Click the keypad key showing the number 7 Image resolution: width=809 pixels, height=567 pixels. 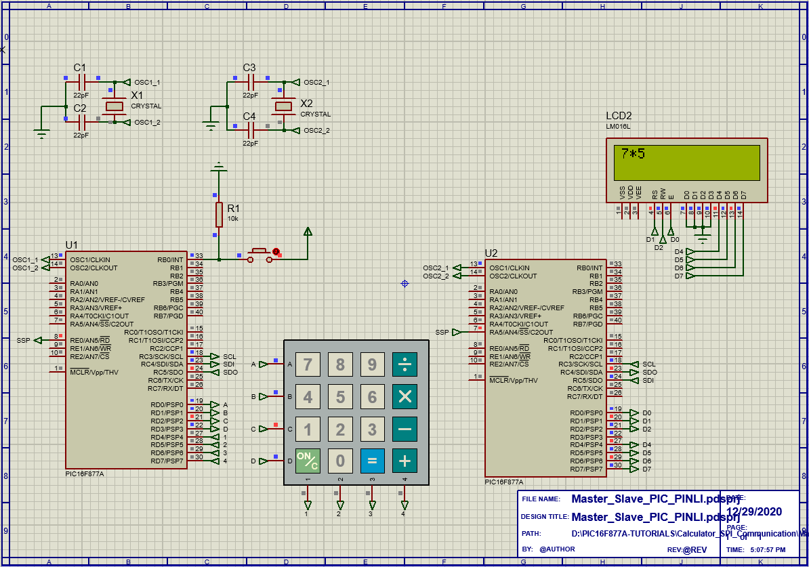tap(308, 365)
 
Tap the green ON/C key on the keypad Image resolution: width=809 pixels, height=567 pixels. tap(308, 461)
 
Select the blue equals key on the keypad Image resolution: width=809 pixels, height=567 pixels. tap(372, 461)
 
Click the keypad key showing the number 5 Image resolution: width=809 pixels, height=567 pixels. tap(340, 397)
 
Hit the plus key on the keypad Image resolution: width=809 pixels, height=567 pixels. tap(404, 461)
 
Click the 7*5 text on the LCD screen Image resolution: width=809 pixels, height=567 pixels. tap(633, 154)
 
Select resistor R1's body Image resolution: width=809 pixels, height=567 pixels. tap(219, 214)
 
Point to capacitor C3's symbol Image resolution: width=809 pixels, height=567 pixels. tap(250, 82)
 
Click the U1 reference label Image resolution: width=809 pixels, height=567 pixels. tap(72, 245)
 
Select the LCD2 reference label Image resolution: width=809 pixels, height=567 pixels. tap(619, 115)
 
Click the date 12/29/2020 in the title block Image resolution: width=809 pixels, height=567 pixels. tap(754, 511)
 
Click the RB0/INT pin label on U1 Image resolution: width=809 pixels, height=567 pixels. tap(170, 259)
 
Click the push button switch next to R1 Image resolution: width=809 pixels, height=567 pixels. tap(260, 255)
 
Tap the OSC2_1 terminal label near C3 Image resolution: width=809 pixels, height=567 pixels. tap(316, 82)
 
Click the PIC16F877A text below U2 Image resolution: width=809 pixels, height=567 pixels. tap(503, 482)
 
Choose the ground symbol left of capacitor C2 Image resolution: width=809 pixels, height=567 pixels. tap(42, 133)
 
